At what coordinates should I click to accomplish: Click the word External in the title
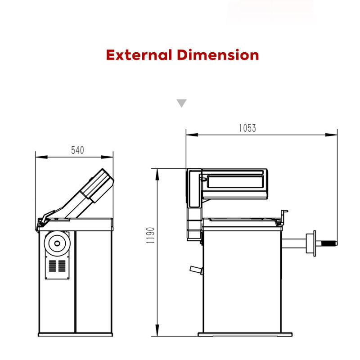click(139, 55)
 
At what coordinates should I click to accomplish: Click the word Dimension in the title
click(218, 55)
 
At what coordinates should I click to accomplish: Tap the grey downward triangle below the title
click(181, 103)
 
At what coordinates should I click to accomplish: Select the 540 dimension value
click(77, 150)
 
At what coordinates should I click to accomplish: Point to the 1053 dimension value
click(247, 128)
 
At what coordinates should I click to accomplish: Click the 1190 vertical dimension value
click(150, 235)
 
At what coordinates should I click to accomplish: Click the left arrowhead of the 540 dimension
click(41, 157)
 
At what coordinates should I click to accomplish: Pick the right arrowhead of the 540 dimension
click(107, 157)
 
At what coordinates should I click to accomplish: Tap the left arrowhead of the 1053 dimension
click(192, 135)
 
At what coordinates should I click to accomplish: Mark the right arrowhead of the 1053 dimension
click(331, 135)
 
